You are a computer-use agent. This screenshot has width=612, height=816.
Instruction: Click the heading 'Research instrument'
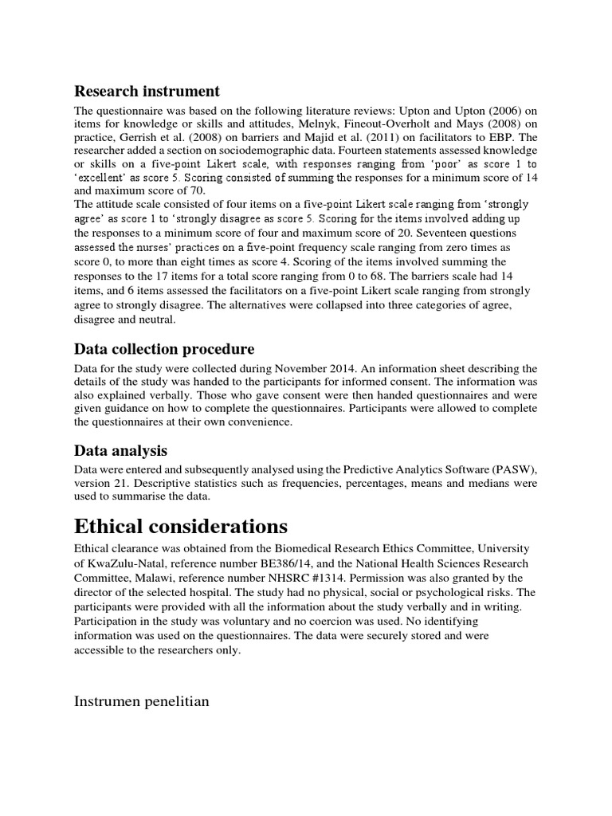147,91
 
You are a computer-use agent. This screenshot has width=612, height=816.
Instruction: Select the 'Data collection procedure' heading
164,349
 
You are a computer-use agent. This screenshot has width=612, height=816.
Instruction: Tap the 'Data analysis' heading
120,451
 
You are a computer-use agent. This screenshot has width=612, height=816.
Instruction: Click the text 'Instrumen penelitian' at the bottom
143,701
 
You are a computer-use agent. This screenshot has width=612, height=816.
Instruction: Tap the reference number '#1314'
324,577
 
